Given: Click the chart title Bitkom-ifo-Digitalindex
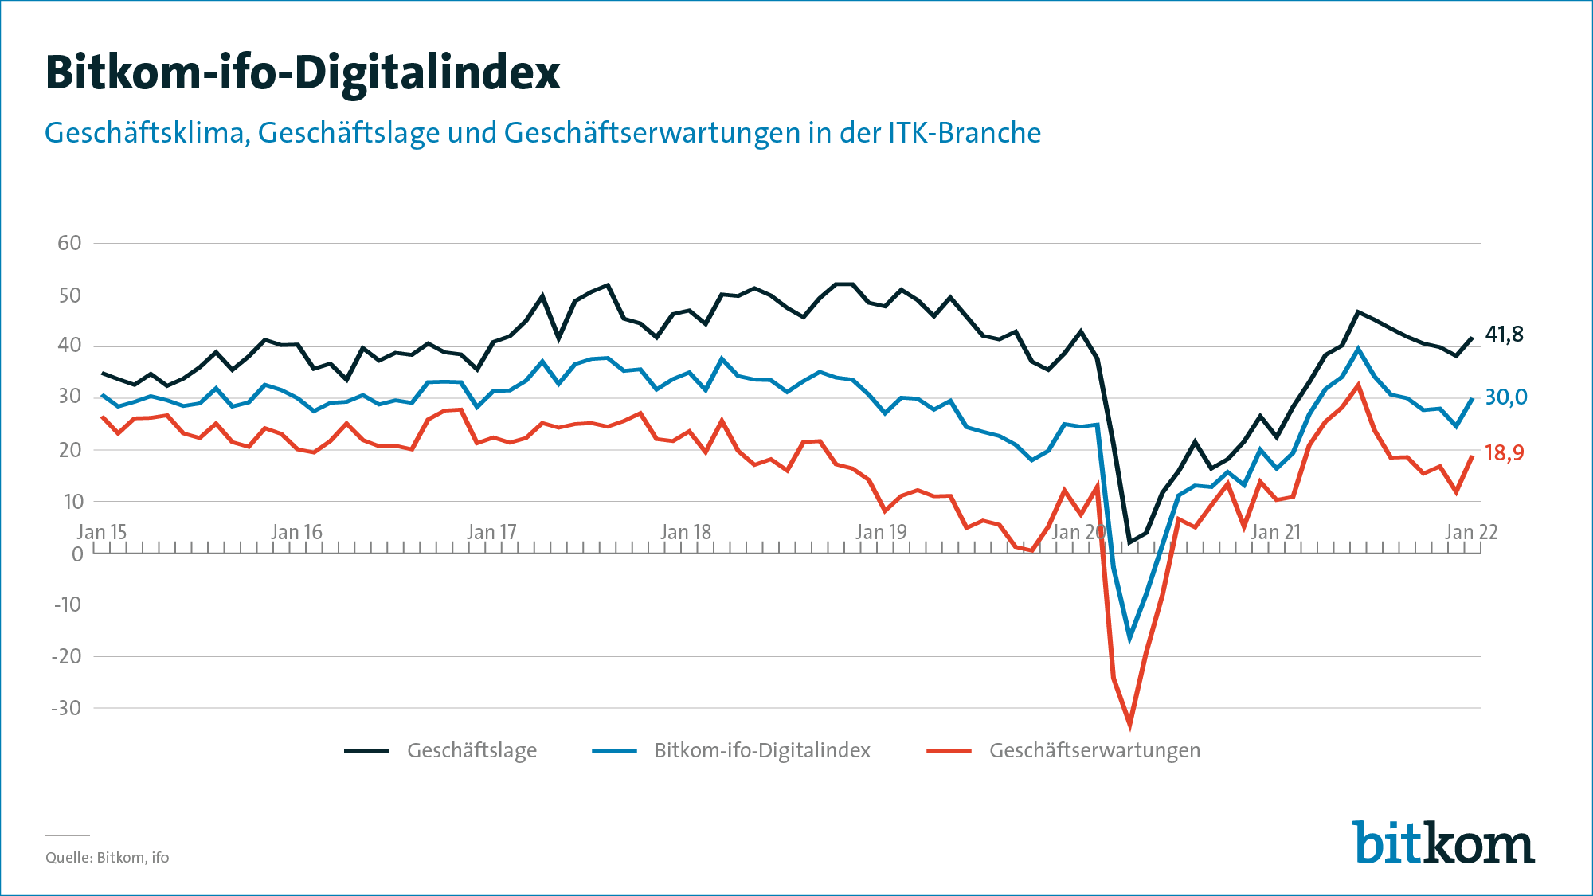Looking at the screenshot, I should pos(303,73).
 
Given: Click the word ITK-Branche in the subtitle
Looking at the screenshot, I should pos(965,133).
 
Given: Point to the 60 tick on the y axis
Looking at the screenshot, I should pos(69,243).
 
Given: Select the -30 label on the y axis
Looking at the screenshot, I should pos(67,708).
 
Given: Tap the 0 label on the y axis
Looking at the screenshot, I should pos(77,554).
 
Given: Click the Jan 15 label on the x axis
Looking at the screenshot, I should pos(102,532).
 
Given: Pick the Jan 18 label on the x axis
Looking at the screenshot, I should pos(686,532).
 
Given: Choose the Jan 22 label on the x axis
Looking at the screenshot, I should pos(1471,532).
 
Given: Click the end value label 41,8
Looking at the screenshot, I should pos(1504,335).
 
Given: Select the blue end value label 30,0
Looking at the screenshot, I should pos(1505,397).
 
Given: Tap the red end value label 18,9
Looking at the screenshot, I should pos(1504,453).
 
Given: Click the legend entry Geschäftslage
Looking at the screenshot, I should pos(472,750).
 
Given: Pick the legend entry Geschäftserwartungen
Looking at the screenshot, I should pos(1094,750).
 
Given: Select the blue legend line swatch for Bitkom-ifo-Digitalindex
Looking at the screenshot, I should pos(614,750).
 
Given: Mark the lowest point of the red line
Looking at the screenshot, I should pos(1129,726).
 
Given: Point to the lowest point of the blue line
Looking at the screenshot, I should pos(1129,638).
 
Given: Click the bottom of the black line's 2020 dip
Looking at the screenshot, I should pos(1129,542).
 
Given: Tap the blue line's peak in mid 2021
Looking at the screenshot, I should pos(1358,349).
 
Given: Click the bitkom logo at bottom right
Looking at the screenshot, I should pos(1443,843).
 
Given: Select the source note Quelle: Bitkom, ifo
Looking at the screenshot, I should pos(107,858).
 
